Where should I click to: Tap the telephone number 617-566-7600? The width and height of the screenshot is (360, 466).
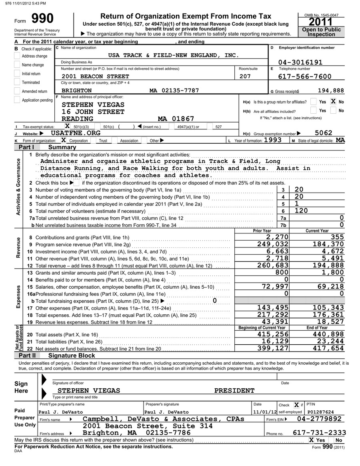click(305, 76)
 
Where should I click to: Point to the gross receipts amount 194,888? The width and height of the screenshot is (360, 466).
click(330, 90)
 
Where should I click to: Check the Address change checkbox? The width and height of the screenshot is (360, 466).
click(17, 56)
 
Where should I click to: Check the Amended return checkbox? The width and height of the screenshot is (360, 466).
click(17, 91)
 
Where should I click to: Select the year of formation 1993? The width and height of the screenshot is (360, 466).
click(273, 140)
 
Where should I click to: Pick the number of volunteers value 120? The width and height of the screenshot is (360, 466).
click(301, 211)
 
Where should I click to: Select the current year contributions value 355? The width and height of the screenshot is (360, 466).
click(337, 237)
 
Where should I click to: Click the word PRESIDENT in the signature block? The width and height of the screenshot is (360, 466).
click(234, 391)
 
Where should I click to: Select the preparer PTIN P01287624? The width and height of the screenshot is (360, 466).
click(320, 412)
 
